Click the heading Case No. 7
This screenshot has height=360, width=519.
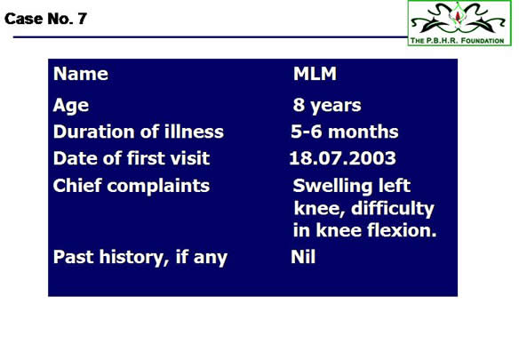[45, 19]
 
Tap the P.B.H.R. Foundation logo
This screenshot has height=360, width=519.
[459, 23]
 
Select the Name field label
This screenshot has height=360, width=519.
[81, 74]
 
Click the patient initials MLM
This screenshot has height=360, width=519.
[315, 74]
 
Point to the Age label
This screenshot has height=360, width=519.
[71, 106]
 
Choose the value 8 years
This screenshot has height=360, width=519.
[327, 106]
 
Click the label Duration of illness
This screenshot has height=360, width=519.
[139, 132]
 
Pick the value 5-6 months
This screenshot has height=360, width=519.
[345, 132]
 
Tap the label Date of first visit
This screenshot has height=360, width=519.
[132, 158]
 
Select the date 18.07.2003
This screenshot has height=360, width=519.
[342, 158]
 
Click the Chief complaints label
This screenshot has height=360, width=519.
[132, 186]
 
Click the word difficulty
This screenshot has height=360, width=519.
[393, 209]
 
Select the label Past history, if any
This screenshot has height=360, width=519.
[140, 257]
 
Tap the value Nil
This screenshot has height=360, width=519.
[303, 257]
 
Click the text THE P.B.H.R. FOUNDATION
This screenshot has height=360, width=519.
[457, 41]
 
